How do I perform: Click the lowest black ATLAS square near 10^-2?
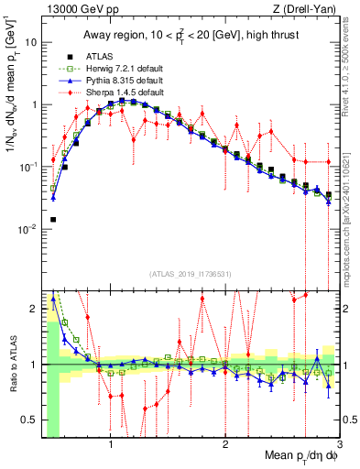pyautogui.click(x=53, y=220)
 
